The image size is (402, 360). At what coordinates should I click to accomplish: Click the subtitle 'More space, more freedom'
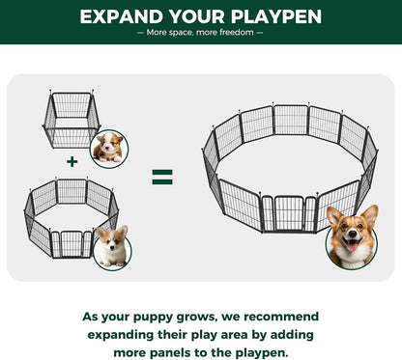tap(200, 33)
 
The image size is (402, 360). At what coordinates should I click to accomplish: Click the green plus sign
tap(72, 161)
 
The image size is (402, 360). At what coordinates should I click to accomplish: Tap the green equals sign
tap(162, 177)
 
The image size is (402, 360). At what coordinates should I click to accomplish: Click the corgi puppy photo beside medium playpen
tap(111, 247)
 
